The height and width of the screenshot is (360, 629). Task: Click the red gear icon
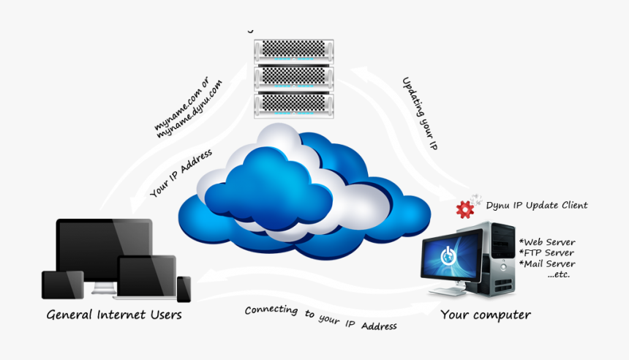(x=464, y=210)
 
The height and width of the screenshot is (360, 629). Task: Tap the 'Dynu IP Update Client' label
(x=537, y=206)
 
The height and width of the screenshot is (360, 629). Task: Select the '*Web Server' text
(x=546, y=242)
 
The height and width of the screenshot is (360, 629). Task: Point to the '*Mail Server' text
(x=546, y=264)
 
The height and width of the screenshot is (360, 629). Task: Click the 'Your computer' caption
(x=485, y=315)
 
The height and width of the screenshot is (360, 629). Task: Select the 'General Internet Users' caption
(x=114, y=315)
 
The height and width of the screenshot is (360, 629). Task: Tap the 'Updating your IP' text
(x=420, y=113)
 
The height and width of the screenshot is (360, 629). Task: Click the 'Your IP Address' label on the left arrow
(x=181, y=174)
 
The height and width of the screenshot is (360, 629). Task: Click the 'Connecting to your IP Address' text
(x=320, y=318)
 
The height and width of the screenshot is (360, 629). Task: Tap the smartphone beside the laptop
(x=184, y=288)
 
